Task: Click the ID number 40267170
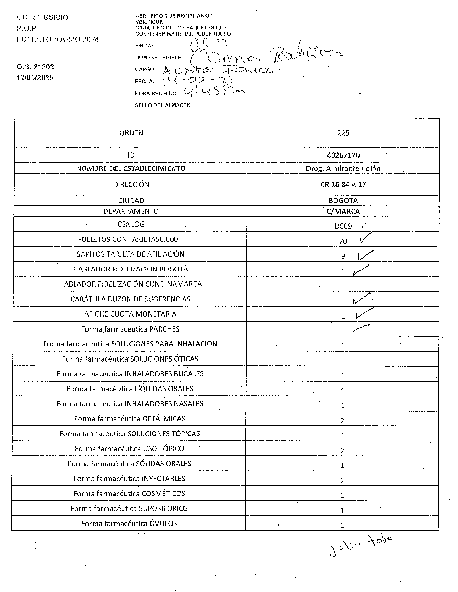click(x=343, y=155)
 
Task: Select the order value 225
click(x=343, y=133)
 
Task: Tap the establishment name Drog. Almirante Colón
click(x=343, y=168)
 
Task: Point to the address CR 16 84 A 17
click(x=343, y=185)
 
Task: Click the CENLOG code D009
click(x=343, y=226)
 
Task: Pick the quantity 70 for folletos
click(x=343, y=241)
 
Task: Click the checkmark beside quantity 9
click(x=365, y=255)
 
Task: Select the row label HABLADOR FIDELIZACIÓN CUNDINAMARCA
click(x=130, y=284)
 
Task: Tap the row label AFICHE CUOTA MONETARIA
click(x=130, y=314)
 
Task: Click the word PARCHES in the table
click(x=164, y=329)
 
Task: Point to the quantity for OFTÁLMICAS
click(x=343, y=421)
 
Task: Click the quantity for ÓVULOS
click(x=342, y=525)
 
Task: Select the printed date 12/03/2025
click(x=35, y=78)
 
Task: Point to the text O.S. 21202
click(x=35, y=67)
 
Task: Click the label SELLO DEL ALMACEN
click(x=163, y=105)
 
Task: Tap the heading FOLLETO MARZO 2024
click(x=58, y=40)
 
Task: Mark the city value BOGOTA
click(x=343, y=200)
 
